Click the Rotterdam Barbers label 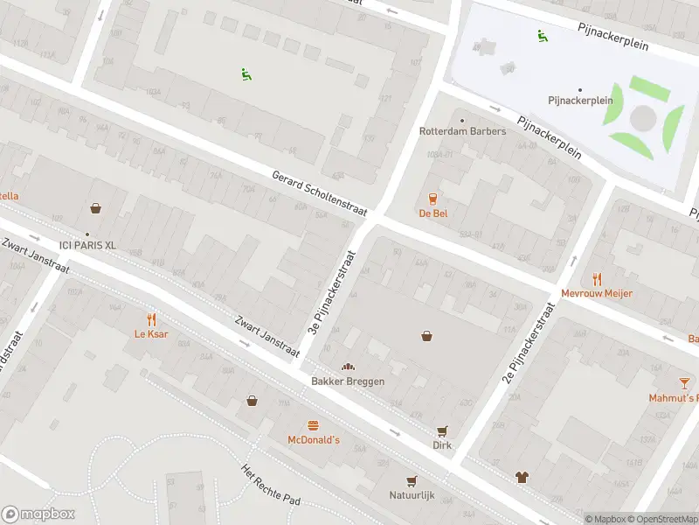(462, 131)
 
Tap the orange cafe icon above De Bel (433, 198)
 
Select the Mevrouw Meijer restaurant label (597, 293)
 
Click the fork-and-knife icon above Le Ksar (151, 319)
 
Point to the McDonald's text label (314, 440)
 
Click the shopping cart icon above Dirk (442, 430)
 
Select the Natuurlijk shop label (412, 495)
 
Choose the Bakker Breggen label (348, 381)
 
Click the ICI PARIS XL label (87, 245)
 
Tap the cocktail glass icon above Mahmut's (684, 382)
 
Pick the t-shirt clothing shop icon (522, 478)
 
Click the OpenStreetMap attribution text (661, 519)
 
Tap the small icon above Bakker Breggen (348, 367)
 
